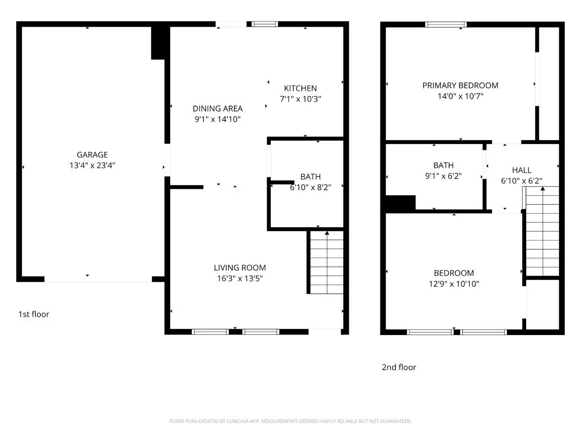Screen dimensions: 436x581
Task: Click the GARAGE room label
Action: (x=92, y=155)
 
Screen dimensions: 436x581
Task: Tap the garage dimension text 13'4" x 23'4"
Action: (x=92, y=165)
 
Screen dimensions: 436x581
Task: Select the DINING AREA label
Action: (x=217, y=109)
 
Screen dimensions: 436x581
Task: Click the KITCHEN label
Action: (x=300, y=88)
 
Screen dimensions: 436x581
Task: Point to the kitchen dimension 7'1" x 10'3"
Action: (x=300, y=99)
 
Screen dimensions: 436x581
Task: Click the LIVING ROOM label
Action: (x=240, y=268)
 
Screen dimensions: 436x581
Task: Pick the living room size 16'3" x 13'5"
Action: (x=240, y=278)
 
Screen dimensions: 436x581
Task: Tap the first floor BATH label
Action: (x=310, y=177)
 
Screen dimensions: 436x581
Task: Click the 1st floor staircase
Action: (x=327, y=262)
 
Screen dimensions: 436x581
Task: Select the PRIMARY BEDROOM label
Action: (x=460, y=86)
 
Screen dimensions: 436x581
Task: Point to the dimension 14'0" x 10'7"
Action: (x=460, y=96)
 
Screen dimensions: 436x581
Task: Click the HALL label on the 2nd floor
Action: (x=521, y=170)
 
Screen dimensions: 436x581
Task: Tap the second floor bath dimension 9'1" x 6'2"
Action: (x=443, y=176)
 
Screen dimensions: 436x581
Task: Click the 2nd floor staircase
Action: (x=543, y=232)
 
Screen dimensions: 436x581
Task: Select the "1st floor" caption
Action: (x=33, y=314)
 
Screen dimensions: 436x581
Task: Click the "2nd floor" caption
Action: (x=399, y=367)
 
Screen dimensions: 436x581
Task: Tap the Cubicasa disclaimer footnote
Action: (x=290, y=421)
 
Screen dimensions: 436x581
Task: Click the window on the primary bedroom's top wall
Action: (x=446, y=25)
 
